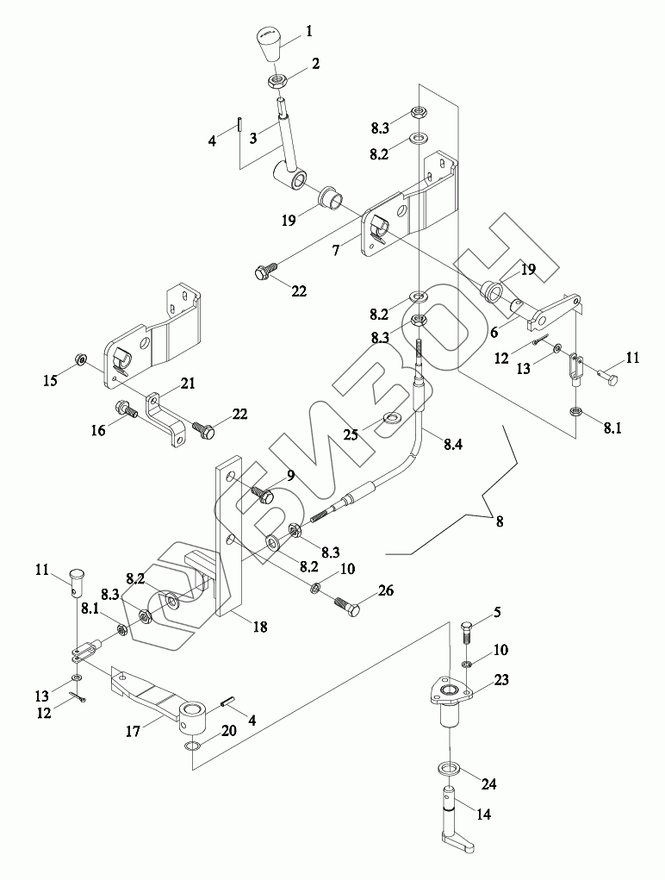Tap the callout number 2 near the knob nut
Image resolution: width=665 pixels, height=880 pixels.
[315, 64]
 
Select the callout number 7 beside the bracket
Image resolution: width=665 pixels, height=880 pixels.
[335, 250]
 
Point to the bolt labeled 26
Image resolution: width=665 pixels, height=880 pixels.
[349, 607]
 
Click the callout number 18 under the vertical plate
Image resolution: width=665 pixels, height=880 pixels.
[259, 627]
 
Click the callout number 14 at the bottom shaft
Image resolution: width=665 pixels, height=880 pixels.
[483, 814]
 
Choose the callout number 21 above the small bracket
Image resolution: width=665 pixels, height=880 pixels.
[189, 383]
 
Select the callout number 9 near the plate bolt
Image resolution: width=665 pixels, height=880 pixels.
[290, 477]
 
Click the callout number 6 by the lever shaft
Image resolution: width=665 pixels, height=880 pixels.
[494, 332]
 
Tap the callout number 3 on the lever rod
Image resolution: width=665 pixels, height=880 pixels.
[253, 138]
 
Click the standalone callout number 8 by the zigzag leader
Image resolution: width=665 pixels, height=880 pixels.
[499, 521]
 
